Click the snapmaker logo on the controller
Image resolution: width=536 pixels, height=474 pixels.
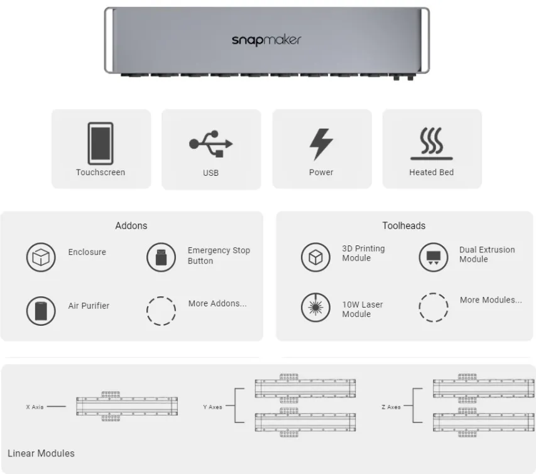[x=266, y=40]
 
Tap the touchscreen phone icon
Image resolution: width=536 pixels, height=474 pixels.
[x=101, y=143]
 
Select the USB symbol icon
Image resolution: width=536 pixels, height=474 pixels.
[x=211, y=144]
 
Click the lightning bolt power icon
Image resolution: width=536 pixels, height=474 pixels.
[x=321, y=144]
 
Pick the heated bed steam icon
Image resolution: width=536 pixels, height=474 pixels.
[x=431, y=144]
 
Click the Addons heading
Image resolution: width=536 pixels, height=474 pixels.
[x=131, y=225]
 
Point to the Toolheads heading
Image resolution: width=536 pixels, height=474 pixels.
[x=403, y=225]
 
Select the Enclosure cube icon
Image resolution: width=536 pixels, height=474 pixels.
[x=41, y=257]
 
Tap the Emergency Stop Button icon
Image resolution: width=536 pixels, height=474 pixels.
[x=161, y=257]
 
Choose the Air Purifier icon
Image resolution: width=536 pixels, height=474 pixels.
[x=41, y=310]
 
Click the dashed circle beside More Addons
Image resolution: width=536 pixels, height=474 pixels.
[x=161, y=310]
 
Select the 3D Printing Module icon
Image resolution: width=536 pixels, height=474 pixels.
[x=315, y=257]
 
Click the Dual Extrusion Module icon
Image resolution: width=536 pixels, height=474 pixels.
[x=434, y=257]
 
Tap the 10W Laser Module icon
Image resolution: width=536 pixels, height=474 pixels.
[x=315, y=308]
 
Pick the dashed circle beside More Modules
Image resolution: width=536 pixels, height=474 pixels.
[x=434, y=308]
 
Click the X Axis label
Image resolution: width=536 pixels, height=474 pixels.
[x=35, y=407]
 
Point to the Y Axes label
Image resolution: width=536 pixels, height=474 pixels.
[x=212, y=407]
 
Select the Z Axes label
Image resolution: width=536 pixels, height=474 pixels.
[x=390, y=407]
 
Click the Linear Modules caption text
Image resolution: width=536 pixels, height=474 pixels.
[x=41, y=453]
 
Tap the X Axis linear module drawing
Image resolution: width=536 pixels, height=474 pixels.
[x=127, y=407]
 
